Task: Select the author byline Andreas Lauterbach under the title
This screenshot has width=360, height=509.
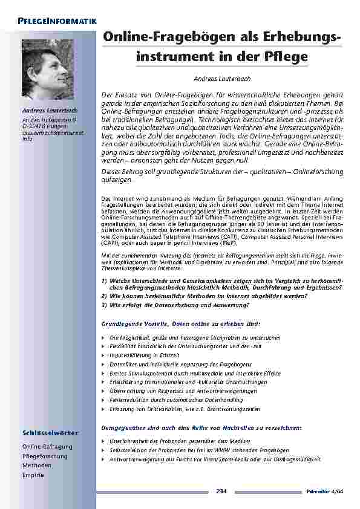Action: point(221,79)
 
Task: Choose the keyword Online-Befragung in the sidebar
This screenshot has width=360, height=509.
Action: point(47,447)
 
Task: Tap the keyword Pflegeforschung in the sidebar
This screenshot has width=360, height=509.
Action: point(45,456)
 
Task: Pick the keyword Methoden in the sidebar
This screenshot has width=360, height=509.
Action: point(37,465)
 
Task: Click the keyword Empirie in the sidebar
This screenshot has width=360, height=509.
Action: point(33,475)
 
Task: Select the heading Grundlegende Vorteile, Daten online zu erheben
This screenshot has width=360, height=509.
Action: point(180,324)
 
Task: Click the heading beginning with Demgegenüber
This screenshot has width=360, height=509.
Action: point(201,428)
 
